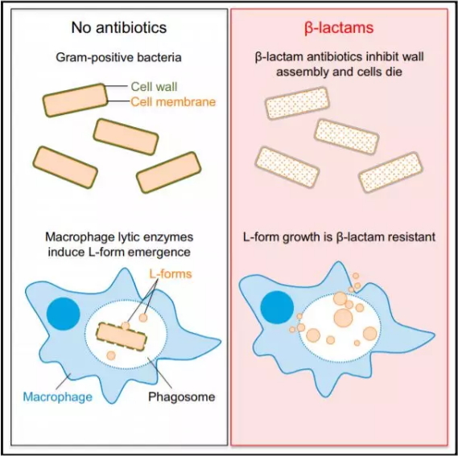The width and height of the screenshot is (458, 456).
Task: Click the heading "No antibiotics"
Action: [x=119, y=27]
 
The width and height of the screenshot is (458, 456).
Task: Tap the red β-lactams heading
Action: [x=339, y=28]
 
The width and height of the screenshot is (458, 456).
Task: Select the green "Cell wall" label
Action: [x=154, y=87]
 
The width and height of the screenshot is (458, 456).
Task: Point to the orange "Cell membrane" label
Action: [x=173, y=102]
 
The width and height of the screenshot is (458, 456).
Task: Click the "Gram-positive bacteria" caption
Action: [x=118, y=58]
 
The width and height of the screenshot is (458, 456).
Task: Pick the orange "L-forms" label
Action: [x=171, y=274]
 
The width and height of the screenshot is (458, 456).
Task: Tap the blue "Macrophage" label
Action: [x=57, y=397]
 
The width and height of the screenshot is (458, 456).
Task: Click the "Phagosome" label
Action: [x=182, y=396]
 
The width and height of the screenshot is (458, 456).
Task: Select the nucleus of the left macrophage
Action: [x=64, y=314]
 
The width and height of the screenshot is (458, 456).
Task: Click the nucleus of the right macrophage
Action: [x=277, y=307]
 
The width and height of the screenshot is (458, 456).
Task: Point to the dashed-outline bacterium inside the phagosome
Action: [x=122, y=336]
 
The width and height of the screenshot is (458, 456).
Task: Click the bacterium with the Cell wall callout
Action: [x=76, y=101]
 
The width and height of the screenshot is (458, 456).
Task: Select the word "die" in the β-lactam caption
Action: [x=394, y=72]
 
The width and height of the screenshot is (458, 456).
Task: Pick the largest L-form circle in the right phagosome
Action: [x=343, y=318]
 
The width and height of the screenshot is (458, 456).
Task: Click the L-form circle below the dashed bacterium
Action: [x=111, y=355]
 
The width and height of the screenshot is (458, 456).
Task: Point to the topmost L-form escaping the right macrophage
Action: [x=356, y=276]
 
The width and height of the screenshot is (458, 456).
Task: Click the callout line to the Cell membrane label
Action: [x=118, y=101]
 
